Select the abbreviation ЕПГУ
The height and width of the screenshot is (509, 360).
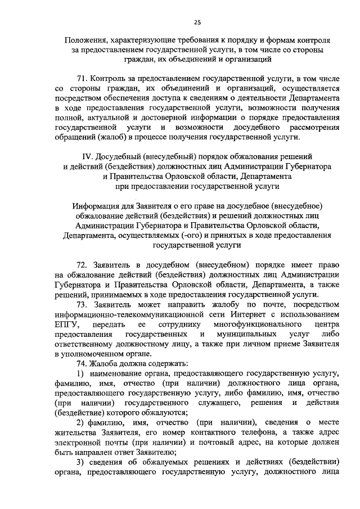pyautogui.click(x=68, y=325)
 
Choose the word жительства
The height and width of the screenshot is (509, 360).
pyautogui.click(x=77, y=433)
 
